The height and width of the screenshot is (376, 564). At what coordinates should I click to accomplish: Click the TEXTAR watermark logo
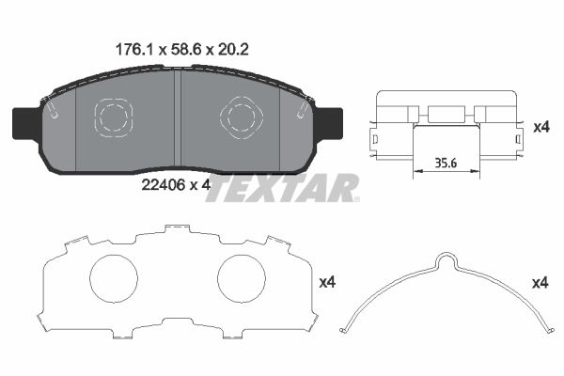(x=282, y=188)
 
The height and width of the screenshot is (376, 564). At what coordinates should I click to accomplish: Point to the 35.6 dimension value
(x=446, y=161)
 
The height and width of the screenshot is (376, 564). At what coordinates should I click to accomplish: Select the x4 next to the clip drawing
(x=540, y=127)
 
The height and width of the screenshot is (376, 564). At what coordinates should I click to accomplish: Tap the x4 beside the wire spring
(x=540, y=282)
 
